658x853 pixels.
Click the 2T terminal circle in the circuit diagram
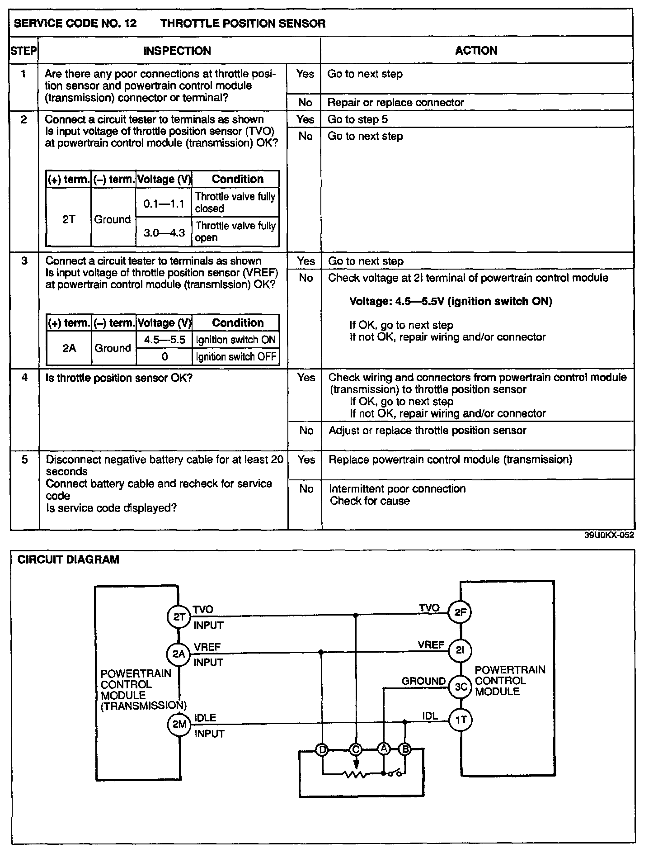(x=179, y=617)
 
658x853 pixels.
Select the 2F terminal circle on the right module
(x=460, y=612)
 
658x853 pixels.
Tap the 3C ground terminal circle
(x=460, y=687)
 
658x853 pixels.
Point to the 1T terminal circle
(x=460, y=720)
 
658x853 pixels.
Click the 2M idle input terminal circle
(x=179, y=724)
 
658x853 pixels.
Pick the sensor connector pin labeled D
(x=322, y=750)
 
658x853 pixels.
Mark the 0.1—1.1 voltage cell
(x=164, y=204)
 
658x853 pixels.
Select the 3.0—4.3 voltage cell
(x=164, y=233)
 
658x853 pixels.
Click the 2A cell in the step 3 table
(x=69, y=348)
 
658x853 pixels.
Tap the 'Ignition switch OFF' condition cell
(x=235, y=357)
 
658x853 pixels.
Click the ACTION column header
(x=476, y=50)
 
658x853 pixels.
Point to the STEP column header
(x=23, y=51)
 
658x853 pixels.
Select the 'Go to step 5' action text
(x=357, y=119)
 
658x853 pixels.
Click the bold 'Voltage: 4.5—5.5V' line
(x=451, y=301)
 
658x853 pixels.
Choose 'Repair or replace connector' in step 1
(x=395, y=103)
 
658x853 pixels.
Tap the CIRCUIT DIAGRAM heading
(x=68, y=559)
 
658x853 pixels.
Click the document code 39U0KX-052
(x=609, y=535)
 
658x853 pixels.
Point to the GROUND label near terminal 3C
(x=423, y=681)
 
